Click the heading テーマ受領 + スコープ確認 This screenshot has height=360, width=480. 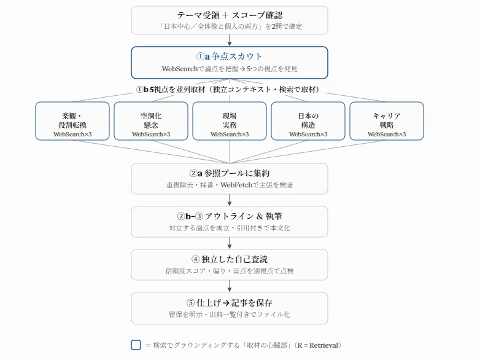pyautogui.click(x=230, y=15)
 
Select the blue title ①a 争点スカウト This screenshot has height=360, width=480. pyautogui.click(x=230, y=57)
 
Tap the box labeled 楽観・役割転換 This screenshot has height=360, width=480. pyautogui.click(x=72, y=121)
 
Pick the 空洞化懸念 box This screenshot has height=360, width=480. pyautogui.click(x=151, y=121)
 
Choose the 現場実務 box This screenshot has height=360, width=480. pyautogui.click(x=230, y=121)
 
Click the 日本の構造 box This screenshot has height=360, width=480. pyautogui.click(x=308, y=121)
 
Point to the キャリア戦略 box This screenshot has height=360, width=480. pyautogui.click(x=387, y=121)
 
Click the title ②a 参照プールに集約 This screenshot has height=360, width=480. pyautogui.click(x=230, y=173)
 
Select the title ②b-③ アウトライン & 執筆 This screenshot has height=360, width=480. pyautogui.click(x=230, y=216)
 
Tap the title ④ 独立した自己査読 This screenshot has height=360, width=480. pyautogui.click(x=230, y=259)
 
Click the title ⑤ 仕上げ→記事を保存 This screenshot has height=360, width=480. pyautogui.click(x=230, y=303)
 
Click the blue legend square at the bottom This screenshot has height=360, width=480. pyautogui.click(x=136, y=345)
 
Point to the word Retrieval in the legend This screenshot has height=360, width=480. pyautogui.click(x=323, y=345)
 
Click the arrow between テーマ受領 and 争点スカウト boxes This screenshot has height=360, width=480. pyautogui.click(x=230, y=40)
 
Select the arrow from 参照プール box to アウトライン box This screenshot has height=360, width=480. pyautogui.click(x=230, y=200)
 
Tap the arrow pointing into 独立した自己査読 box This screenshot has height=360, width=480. pyautogui.click(x=230, y=243)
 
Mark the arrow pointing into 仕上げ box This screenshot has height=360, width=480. pyautogui.click(x=230, y=286)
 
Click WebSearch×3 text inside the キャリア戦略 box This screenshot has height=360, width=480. pyautogui.click(x=387, y=134)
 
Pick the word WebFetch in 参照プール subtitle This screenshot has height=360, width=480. pyautogui.click(x=236, y=185)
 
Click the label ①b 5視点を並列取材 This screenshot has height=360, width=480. pyautogui.click(x=171, y=90)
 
